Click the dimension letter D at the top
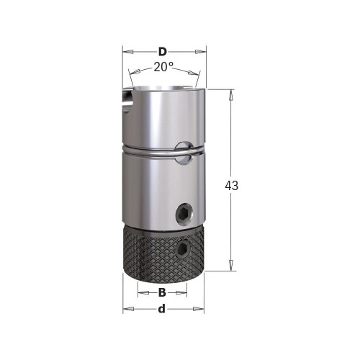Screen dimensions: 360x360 click(163, 52)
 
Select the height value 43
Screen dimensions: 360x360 click(232, 185)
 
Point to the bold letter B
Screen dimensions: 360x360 click(162, 293)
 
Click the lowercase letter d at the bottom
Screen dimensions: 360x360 click(163, 309)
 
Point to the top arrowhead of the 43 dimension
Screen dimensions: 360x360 click(232, 93)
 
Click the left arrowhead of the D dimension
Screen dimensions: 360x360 click(127, 52)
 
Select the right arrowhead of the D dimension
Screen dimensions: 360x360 click(202, 52)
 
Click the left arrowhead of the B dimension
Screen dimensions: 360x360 click(141, 293)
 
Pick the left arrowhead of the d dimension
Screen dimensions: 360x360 click(127, 310)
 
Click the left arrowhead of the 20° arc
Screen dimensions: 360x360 click(131, 73)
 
